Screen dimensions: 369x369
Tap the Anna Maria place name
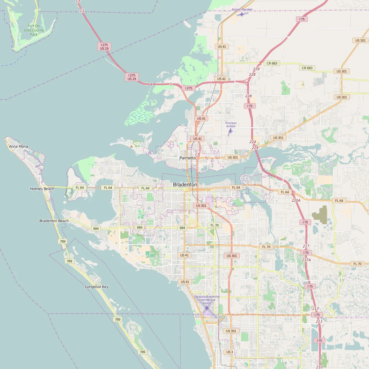18,147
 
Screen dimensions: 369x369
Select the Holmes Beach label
42,189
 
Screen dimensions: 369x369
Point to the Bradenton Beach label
54,221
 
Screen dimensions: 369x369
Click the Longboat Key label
97,287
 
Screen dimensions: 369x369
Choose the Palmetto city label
188,158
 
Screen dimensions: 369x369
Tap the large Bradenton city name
185,184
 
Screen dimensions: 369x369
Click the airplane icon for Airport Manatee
242,14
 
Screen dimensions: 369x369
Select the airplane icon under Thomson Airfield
231,131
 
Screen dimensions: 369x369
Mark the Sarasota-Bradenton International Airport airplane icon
206,308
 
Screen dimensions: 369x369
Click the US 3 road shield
230,352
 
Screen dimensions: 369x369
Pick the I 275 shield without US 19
189,88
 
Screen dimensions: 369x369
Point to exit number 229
256,69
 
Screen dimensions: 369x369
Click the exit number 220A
296,200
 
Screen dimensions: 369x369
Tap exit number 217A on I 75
306,260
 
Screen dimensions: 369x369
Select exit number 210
319,367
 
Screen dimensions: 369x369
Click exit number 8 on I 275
151,84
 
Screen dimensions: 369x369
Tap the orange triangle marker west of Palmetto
132,146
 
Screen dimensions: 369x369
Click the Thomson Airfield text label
231,125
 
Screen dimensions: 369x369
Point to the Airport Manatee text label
242,9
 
